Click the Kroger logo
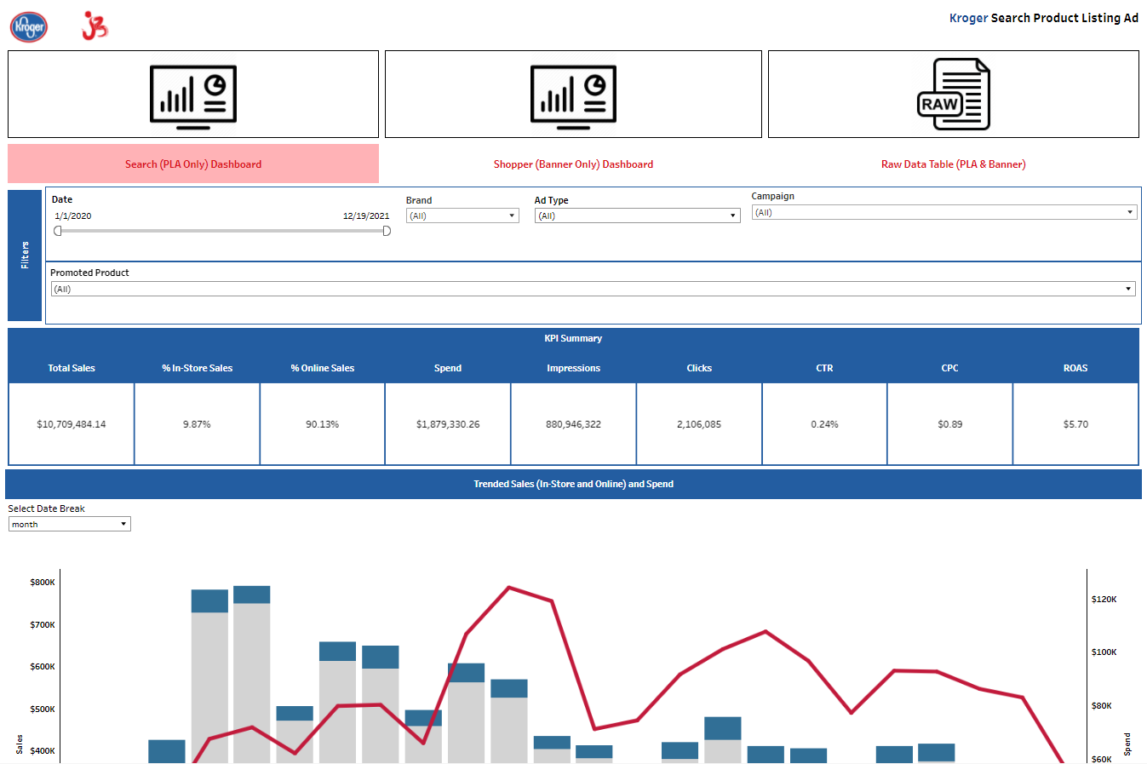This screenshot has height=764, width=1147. [x=29, y=26]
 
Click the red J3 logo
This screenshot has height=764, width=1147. [x=95, y=26]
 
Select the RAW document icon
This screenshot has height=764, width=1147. [x=953, y=94]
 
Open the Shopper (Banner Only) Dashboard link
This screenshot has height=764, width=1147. [x=573, y=164]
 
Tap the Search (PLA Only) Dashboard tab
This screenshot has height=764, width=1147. [x=193, y=164]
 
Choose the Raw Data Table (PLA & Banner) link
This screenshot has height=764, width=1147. [x=953, y=164]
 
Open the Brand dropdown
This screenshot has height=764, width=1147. [x=462, y=215]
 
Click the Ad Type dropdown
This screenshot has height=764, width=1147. [x=637, y=215]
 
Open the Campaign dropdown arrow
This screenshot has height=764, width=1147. [x=1130, y=212]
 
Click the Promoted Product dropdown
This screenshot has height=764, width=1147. [x=593, y=289]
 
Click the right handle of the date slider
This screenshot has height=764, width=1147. [x=387, y=231]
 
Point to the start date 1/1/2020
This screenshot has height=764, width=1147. [x=73, y=215]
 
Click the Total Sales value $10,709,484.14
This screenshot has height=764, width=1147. [x=72, y=424]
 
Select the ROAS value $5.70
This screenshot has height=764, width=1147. [x=1075, y=424]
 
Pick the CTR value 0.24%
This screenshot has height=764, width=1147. [x=824, y=424]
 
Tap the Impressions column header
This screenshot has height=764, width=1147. [x=573, y=368]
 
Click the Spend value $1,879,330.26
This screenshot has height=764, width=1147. [x=448, y=424]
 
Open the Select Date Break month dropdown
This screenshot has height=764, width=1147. [x=69, y=524]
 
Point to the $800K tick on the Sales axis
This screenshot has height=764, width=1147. [x=43, y=583]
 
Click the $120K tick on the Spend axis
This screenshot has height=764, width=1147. [x=1104, y=600]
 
